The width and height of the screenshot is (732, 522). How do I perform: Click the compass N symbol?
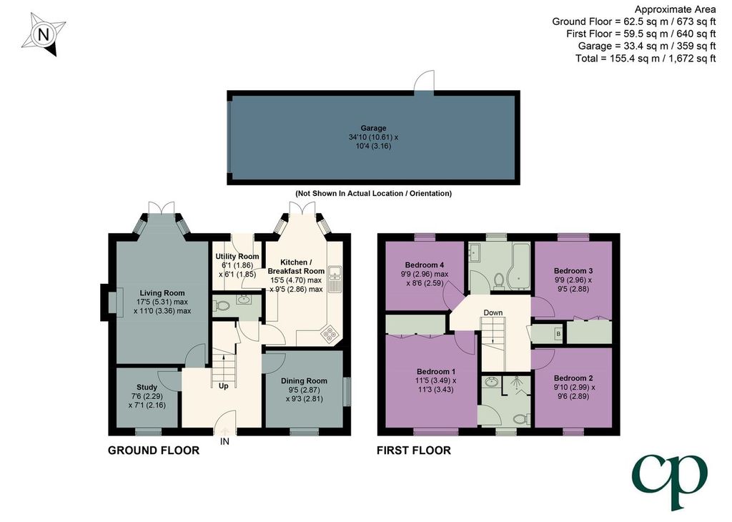pyautogui.click(x=43, y=35)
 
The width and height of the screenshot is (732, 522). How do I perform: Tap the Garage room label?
pyautogui.click(x=373, y=128)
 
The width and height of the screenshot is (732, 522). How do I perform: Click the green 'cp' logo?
pyautogui.click(x=670, y=481)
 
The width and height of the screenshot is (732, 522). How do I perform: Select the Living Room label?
pyautogui.click(x=162, y=293)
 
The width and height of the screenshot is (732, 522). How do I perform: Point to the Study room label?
pyautogui.click(x=147, y=387)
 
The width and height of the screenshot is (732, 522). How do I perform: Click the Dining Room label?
pyautogui.click(x=304, y=381)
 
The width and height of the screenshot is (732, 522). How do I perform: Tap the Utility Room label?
pyautogui.click(x=237, y=256)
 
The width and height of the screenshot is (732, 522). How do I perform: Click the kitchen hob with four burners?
pyautogui.click(x=330, y=333)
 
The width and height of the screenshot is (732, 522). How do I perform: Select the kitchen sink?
pyautogui.click(x=335, y=279)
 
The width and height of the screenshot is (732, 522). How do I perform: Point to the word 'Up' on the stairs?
pyautogui.click(x=224, y=386)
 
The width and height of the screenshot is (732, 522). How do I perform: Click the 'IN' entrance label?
pyautogui.click(x=224, y=441)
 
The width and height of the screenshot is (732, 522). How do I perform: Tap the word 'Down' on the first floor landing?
pyautogui.click(x=493, y=312)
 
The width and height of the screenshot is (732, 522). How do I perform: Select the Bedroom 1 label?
pyautogui.click(x=436, y=372)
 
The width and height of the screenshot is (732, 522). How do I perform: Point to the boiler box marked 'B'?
pyautogui.click(x=558, y=334)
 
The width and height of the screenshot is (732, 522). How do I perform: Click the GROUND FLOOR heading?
pyautogui.click(x=154, y=450)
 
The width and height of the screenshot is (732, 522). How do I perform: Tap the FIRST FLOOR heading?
pyautogui.click(x=414, y=450)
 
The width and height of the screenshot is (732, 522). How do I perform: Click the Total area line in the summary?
pyautogui.click(x=646, y=59)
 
